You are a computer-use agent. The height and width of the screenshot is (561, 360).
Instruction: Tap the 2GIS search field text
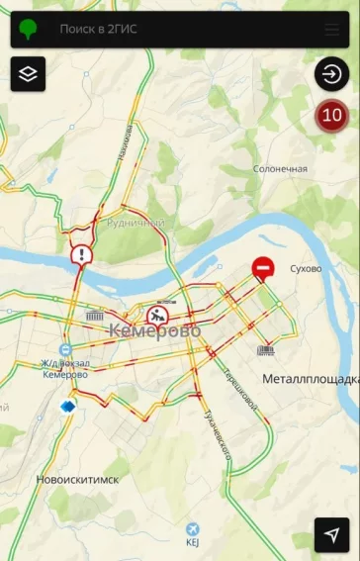[98, 29]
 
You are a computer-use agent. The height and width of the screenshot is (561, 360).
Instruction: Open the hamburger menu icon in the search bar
[331, 29]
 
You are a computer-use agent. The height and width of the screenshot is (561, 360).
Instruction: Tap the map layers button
[28, 73]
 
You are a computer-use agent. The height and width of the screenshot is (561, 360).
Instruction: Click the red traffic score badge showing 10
[332, 115]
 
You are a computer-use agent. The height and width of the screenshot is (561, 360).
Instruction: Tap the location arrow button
[332, 534]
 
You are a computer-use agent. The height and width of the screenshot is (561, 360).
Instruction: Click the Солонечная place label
[280, 169]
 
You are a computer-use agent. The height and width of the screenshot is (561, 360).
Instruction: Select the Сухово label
[306, 268]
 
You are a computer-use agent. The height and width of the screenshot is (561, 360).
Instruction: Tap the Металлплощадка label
[311, 379]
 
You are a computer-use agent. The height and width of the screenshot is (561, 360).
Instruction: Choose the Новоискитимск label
[77, 479]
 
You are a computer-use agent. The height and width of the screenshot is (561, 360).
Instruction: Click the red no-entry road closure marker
[263, 267]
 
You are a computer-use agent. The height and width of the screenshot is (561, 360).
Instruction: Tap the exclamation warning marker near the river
[80, 256]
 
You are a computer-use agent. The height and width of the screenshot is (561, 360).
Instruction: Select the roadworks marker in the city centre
[158, 317]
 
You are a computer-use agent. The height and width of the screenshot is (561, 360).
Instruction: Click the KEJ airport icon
[192, 528]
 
